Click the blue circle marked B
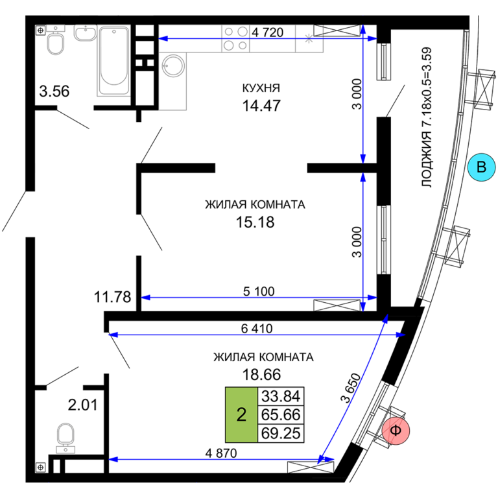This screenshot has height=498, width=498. (482, 167)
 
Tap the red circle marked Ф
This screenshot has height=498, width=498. (396, 431)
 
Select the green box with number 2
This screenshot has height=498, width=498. (241, 415)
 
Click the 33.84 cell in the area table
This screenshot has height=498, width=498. (281, 396)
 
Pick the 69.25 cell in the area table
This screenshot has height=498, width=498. (281, 433)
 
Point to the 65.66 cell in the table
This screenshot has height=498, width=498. (281, 415)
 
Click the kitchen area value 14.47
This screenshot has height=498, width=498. (261, 106)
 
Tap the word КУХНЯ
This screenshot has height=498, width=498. (261, 88)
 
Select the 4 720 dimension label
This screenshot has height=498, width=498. (267, 32)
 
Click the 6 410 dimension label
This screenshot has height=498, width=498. (257, 328)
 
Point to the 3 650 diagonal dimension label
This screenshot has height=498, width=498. (351, 388)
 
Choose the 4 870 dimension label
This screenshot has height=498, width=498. (221, 453)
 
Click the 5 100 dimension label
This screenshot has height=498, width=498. (259, 292)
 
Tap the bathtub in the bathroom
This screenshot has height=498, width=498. (113, 61)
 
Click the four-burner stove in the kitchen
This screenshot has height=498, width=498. (235, 38)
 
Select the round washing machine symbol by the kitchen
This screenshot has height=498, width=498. (173, 65)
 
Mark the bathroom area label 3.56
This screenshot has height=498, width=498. (54, 91)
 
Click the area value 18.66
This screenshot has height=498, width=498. (262, 375)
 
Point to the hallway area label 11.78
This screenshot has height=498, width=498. (112, 297)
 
